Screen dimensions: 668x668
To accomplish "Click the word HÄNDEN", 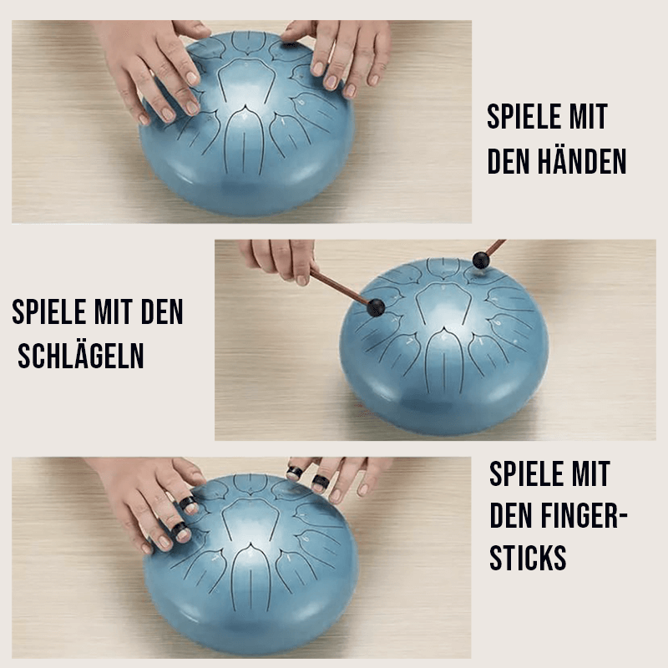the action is [x=582, y=161].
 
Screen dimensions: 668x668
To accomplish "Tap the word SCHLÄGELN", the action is [x=80, y=356].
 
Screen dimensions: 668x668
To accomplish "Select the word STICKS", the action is [x=528, y=557].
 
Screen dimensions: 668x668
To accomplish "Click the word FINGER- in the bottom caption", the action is [x=584, y=515].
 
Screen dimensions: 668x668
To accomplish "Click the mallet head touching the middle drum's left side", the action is [x=376, y=307].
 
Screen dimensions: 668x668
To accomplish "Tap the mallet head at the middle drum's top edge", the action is [x=481, y=260].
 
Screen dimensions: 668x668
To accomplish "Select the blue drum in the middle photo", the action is [x=444, y=346].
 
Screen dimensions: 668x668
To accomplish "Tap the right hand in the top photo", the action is [x=339, y=53].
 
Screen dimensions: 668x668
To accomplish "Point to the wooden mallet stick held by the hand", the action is [x=340, y=288].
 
